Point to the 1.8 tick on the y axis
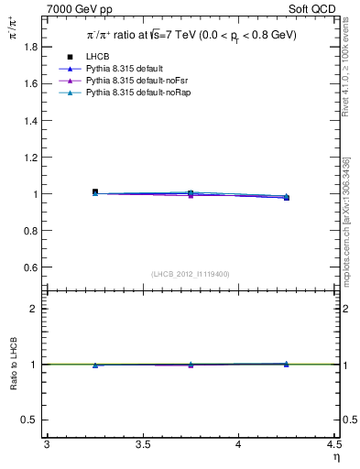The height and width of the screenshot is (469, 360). click(29, 46)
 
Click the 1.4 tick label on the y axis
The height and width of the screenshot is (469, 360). click(29, 120)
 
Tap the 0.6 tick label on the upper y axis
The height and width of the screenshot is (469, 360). click(29, 267)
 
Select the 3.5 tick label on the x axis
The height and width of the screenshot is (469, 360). click(143, 444)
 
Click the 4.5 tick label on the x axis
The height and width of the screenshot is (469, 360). click(333, 444)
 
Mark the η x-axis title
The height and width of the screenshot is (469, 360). click(335, 456)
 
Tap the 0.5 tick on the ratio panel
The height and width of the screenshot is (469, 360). click(29, 420)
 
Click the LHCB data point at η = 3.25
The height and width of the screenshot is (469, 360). click(95, 192)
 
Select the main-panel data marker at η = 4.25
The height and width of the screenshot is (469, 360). click(286, 197)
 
